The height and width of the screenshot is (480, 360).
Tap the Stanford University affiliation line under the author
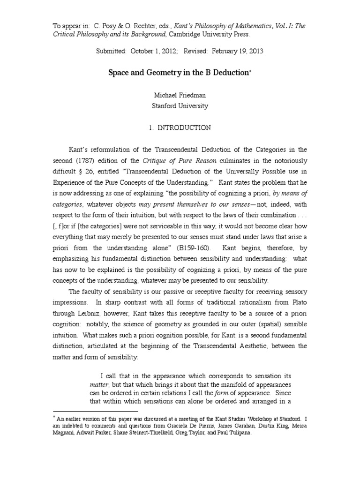[180, 106]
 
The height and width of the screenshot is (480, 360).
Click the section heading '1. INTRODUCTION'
[180, 127]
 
